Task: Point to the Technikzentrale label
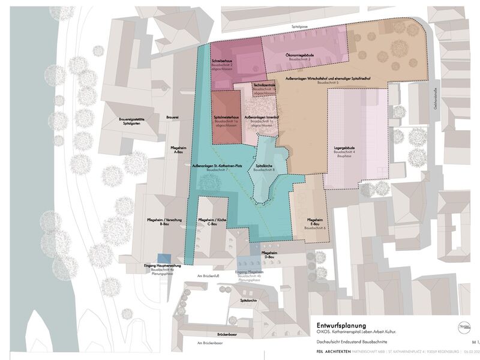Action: pos(265,85)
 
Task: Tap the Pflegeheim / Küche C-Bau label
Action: pos(212,221)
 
